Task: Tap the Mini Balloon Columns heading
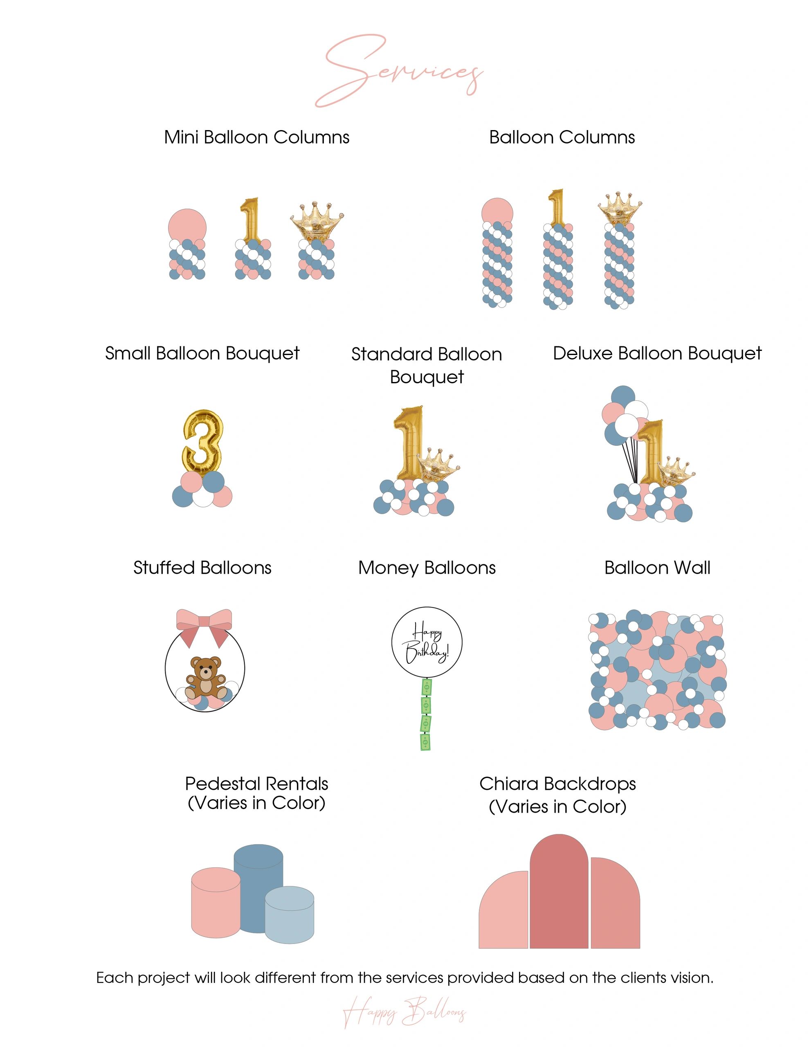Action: click(256, 137)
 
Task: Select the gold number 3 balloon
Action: click(202, 442)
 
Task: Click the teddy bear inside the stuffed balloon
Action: click(206, 677)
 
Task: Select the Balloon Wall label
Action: click(657, 568)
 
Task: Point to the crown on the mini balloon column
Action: click(317, 221)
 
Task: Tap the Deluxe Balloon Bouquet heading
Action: click(657, 353)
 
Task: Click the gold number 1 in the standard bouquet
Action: click(408, 443)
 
